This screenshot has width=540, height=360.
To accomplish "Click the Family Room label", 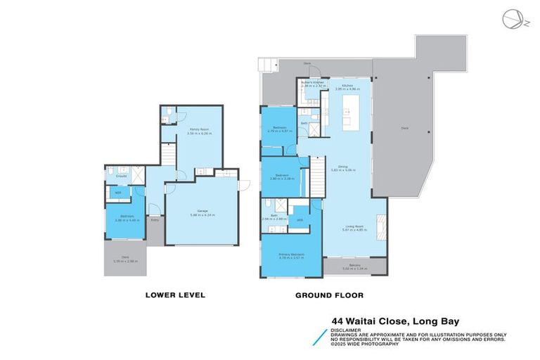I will pos(200,130).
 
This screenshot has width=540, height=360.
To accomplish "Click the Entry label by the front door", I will pos(155,220).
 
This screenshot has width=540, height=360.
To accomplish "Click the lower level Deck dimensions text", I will pos(125,261).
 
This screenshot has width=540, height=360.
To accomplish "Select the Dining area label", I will pos(343,167).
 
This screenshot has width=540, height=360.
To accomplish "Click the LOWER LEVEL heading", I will pos(174,295).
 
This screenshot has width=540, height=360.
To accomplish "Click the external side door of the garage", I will pos(239,185).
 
